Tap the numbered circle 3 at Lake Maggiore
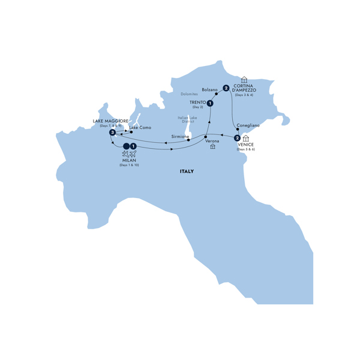coord(112,132)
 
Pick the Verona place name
coord(212,141)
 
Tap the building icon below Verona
coord(212,146)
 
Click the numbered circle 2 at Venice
coord(238,139)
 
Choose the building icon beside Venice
coord(246,139)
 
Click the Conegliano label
coord(248,125)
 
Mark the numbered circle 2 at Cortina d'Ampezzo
coord(226,88)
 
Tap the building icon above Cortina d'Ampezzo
coord(244,79)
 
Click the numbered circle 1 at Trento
coord(211,104)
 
